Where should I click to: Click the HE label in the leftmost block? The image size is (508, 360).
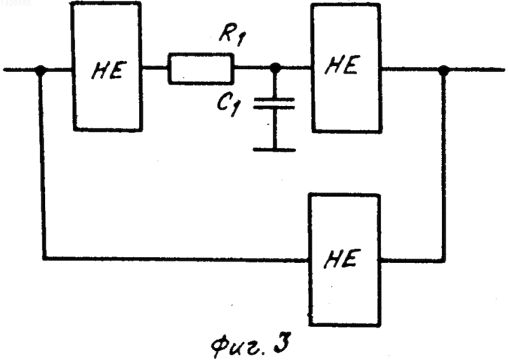coord(107,70)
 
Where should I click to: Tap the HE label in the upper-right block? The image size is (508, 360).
coord(342,65)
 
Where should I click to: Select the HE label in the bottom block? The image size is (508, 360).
coord(342,258)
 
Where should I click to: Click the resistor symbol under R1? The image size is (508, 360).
coord(201,69)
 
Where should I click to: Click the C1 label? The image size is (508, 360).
coord(229,105)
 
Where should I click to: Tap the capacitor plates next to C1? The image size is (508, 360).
coord(274,103)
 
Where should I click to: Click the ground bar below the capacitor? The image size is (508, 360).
coord(274,150)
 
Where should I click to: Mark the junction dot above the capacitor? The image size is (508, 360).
coord(275,67)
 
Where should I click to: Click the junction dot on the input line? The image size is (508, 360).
coord(40,70)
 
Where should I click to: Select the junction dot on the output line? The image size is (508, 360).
coord(443,70)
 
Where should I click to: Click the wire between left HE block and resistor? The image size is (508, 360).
coord(155,68)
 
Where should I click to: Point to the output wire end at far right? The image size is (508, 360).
coord(504,70)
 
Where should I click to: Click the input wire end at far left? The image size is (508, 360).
coord(4,69)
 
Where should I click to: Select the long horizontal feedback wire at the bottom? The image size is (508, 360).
coord(176,259)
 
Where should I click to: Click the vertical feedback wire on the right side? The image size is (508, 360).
coord(443,164)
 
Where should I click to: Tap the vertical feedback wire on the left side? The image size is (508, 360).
coord(43,164)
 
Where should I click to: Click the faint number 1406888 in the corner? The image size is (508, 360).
coord(15,3)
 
